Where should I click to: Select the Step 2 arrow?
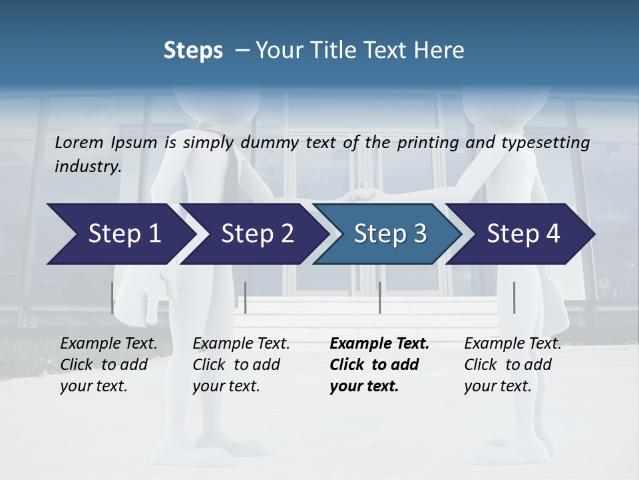[x=253, y=234]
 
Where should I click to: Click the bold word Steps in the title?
[x=193, y=51]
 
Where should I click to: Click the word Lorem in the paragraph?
[x=79, y=142]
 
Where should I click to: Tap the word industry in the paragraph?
[x=87, y=167]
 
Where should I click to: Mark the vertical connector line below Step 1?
[x=112, y=297]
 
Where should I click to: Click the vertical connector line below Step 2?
[x=246, y=297]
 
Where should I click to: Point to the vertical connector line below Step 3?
[x=379, y=297]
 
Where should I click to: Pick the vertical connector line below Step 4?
[x=514, y=297]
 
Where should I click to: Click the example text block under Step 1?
[x=108, y=365]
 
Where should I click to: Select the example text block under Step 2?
[x=240, y=365]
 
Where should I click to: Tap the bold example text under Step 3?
[x=379, y=365]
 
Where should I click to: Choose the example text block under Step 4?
[x=512, y=365]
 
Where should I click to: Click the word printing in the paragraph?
[x=422, y=143]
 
